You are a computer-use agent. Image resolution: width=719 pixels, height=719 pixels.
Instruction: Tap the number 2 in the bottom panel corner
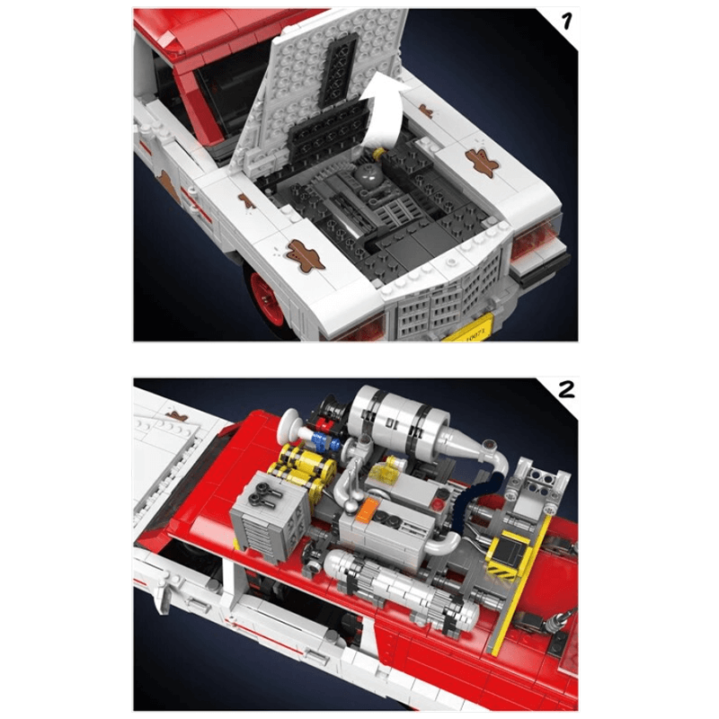[x=566, y=391]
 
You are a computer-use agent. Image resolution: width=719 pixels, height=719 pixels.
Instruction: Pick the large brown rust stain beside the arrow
[x=483, y=163]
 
